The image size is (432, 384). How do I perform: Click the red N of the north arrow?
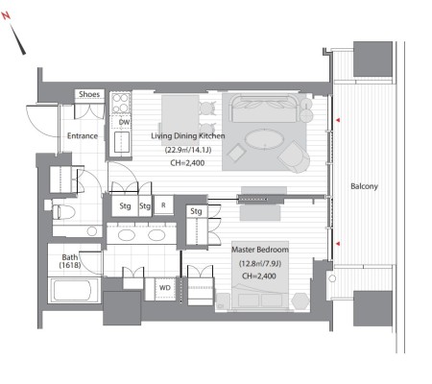point(7,15)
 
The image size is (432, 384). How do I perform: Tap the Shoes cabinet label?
point(89,94)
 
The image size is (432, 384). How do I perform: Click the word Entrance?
point(83,135)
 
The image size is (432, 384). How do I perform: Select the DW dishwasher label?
point(124,122)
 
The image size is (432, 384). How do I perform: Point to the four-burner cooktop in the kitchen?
point(121,103)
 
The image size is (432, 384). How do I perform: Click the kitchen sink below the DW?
point(122,142)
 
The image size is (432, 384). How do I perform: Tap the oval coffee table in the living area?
point(264,139)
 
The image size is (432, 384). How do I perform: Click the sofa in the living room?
point(264,108)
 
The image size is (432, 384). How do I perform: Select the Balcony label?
point(364,186)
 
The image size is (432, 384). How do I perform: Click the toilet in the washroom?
point(63,212)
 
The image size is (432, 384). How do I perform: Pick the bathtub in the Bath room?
point(74,291)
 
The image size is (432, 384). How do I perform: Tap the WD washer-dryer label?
point(165,288)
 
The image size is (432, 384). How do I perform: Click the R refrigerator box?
point(163,204)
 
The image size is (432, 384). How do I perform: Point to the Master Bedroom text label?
point(260,250)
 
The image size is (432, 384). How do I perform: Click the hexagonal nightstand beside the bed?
point(300,300)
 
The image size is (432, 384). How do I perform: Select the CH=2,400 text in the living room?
point(187,163)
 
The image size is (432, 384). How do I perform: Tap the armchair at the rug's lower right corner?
point(295,156)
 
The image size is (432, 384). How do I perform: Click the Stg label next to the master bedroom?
point(196,211)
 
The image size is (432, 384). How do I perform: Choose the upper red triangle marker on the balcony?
point(338,120)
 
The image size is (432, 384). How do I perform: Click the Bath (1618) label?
point(70,261)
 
